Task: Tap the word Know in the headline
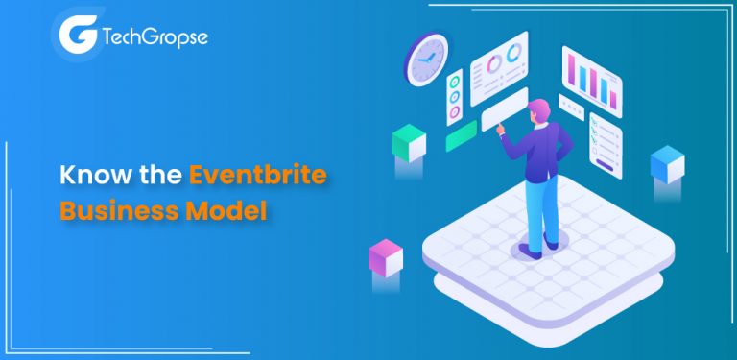(x=91, y=175)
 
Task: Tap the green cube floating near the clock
(x=409, y=143)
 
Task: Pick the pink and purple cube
(x=385, y=257)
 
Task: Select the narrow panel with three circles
(x=454, y=97)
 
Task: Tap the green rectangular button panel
(x=462, y=135)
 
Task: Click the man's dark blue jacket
(x=550, y=149)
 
